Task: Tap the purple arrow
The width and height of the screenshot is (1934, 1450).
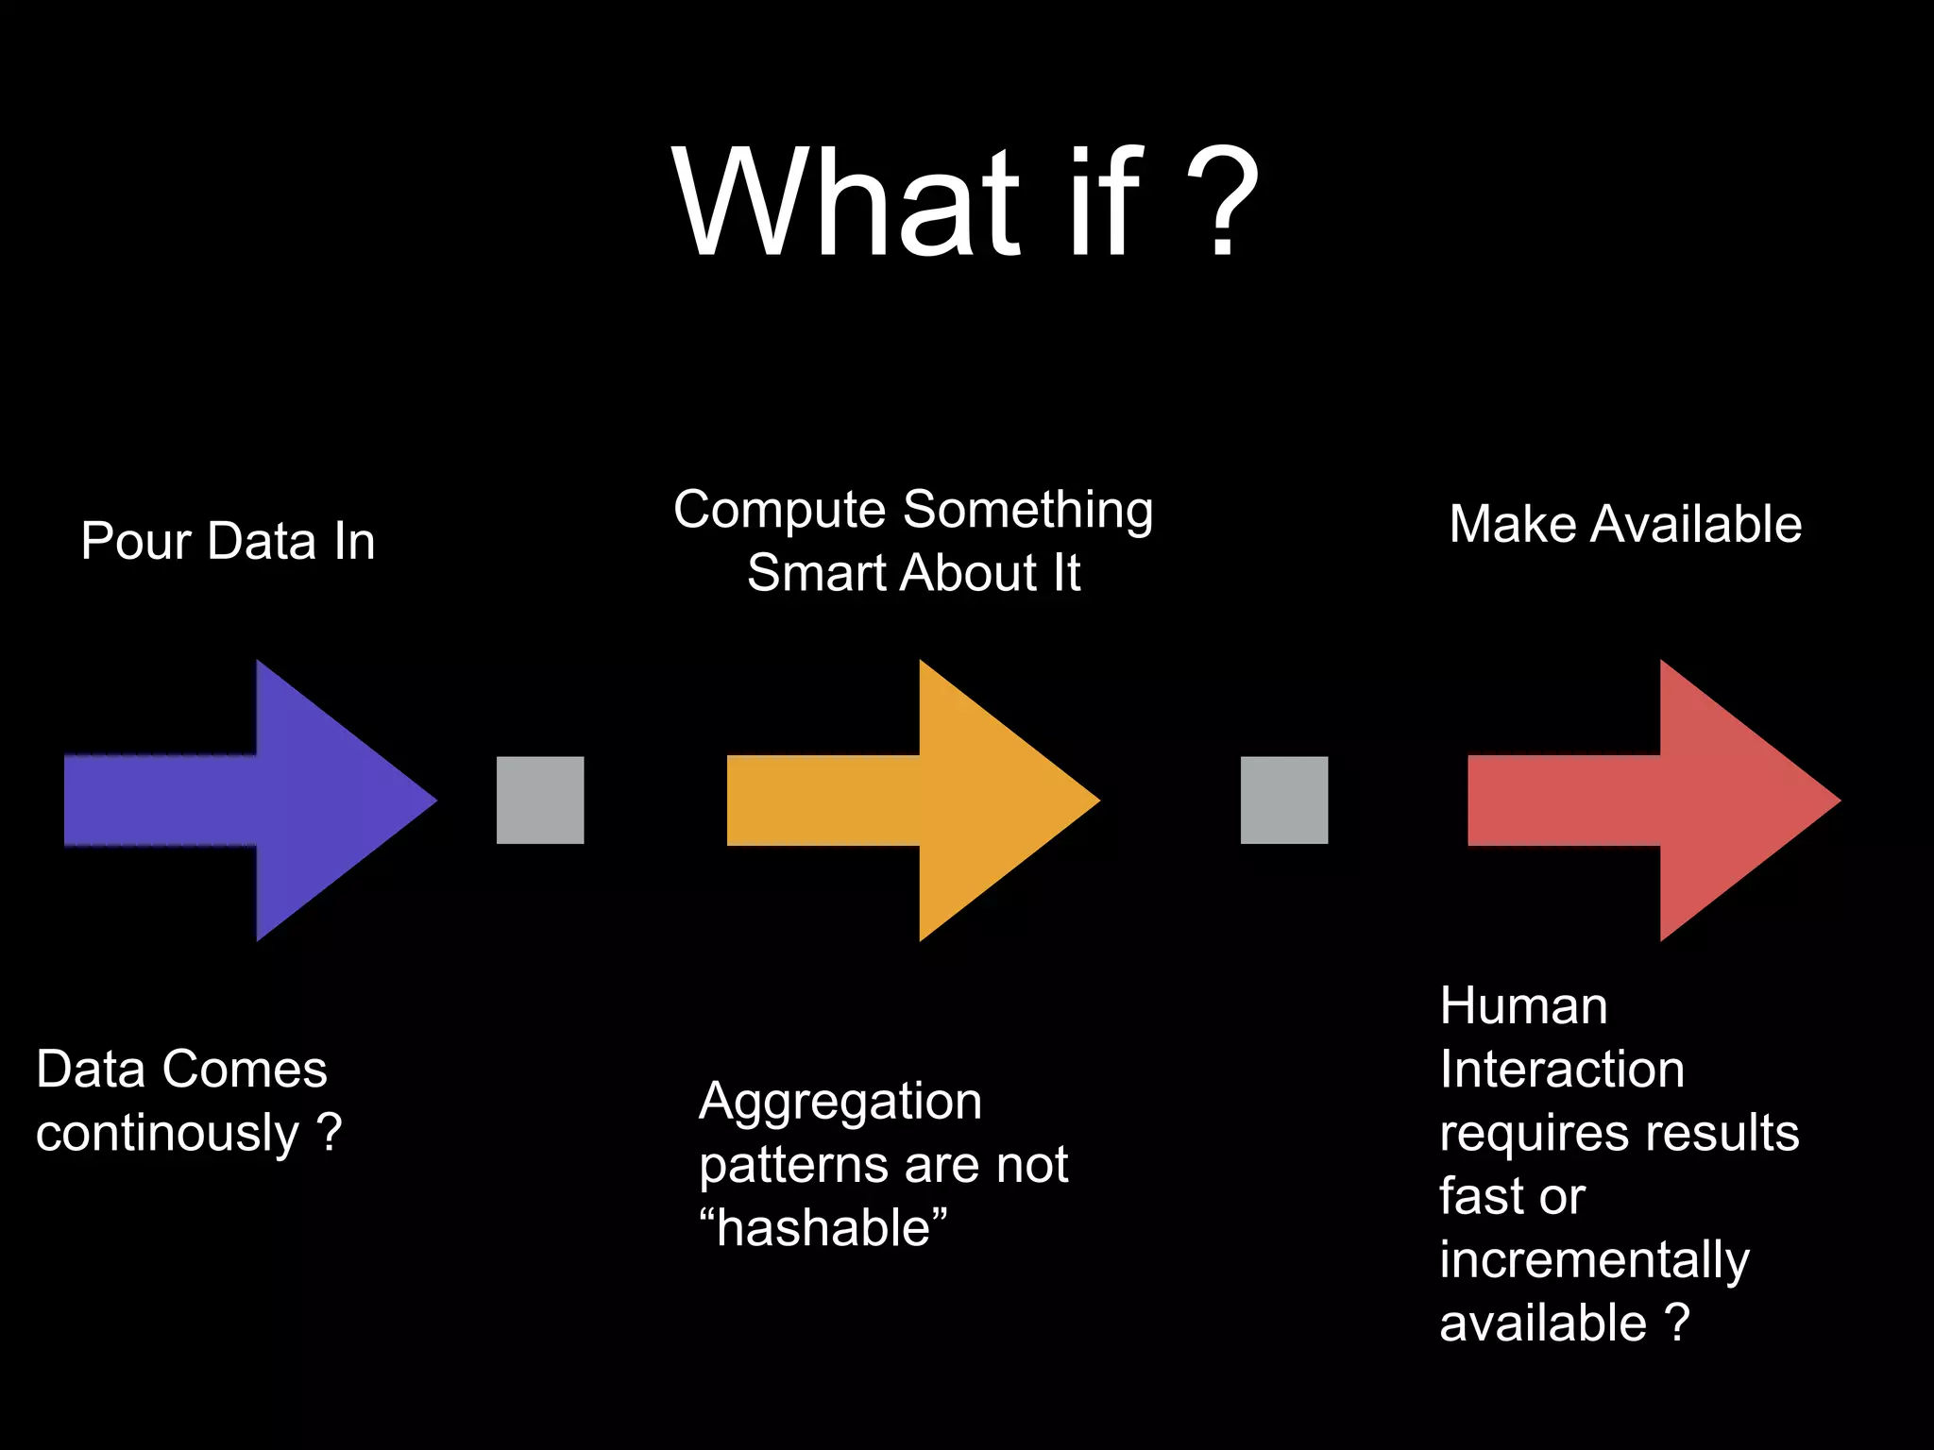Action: [x=283, y=800]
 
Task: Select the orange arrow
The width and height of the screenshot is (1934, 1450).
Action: [x=944, y=800]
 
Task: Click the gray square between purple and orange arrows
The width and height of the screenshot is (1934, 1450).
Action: [x=540, y=800]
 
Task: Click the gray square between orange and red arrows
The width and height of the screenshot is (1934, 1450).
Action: [x=1284, y=800]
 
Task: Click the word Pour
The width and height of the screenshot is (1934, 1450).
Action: [x=136, y=542]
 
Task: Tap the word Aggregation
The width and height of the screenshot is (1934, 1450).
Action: [x=840, y=1103]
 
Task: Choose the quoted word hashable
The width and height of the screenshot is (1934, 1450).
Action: [x=823, y=1228]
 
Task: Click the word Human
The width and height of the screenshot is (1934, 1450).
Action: [x=1523, y=1006]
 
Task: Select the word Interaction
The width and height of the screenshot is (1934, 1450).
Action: [x=1562, y=1070]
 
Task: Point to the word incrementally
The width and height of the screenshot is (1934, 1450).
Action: [x=1594, y=1260]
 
